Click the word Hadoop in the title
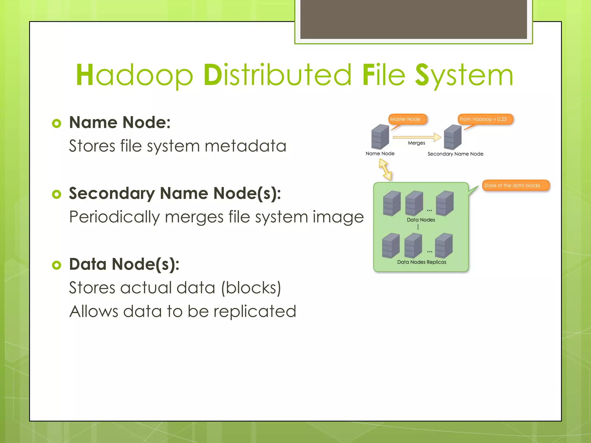click(x=134, y=75)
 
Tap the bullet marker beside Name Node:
click(x=57, y=123)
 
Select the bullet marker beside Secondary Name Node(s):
click(x=57, y=194)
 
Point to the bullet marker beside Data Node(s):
click(x=57, y=265)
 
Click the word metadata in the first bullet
click(x=245, y=146)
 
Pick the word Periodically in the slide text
click(x=114, y=217)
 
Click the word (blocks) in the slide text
click(x=251, y=288)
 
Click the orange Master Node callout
click(x=407, y=119)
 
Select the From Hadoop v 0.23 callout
click(x=485, y=119)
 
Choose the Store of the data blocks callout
click(x=515, y=185)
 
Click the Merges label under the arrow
click(x=416, y=143)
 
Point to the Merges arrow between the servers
click(x=417, y=137)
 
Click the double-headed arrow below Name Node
click(x=385, y=170)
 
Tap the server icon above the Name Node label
click(x=380, y=137)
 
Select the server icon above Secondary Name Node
click(x=452, y=137)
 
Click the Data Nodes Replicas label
click(x=422, y=262)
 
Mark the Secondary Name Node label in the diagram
click(x=455, y=154)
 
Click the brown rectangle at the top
click(x=413, y=19)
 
